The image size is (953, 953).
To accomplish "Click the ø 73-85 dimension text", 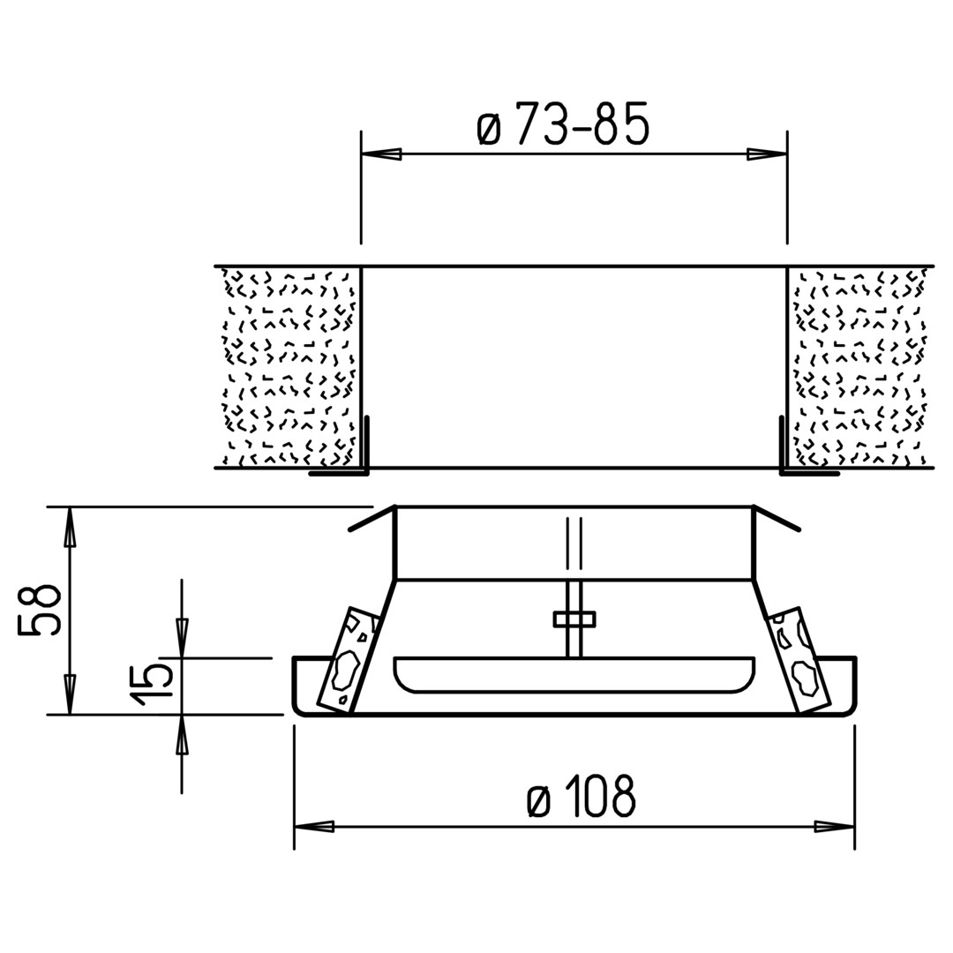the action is (x=563, y=124).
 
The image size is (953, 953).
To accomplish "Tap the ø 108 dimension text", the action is (x=582, y=796).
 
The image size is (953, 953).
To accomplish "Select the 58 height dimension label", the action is (x=39, y=610).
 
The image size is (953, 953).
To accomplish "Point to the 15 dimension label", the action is (x=153, y=684).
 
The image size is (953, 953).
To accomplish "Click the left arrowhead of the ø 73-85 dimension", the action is (x=381, y=154).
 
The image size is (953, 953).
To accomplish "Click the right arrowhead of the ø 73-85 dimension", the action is (x=767, y=154).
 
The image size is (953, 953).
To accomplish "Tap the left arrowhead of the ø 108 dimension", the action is (x=314, y=827).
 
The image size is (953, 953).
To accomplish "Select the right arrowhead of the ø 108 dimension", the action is (x=835, y=827).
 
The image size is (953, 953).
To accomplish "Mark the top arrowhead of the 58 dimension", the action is (x=71, y=526).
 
